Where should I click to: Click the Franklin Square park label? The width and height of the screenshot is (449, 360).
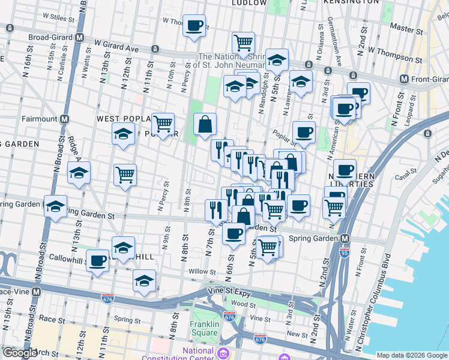(x=203, y=328)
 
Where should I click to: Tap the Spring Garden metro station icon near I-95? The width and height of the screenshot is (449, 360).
(x=345, y=239)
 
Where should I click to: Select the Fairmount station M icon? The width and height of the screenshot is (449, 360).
(x=63, y=119)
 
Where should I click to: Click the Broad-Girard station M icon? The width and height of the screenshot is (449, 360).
(x=80, y=37)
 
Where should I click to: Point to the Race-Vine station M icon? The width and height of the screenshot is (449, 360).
(x=36, y=292)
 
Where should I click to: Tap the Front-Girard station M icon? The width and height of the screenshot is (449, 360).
(x=404, y=79)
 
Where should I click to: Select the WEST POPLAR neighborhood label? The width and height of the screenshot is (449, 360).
(x=122, y=119)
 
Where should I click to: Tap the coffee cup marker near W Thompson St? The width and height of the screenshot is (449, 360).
(x=194, y=26)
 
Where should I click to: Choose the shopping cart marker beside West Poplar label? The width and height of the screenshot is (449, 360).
(x=163, y=124)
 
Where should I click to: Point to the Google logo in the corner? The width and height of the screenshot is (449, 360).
(x=20, y=353)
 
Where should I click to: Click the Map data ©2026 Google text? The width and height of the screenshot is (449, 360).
(x=411, y=355)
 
